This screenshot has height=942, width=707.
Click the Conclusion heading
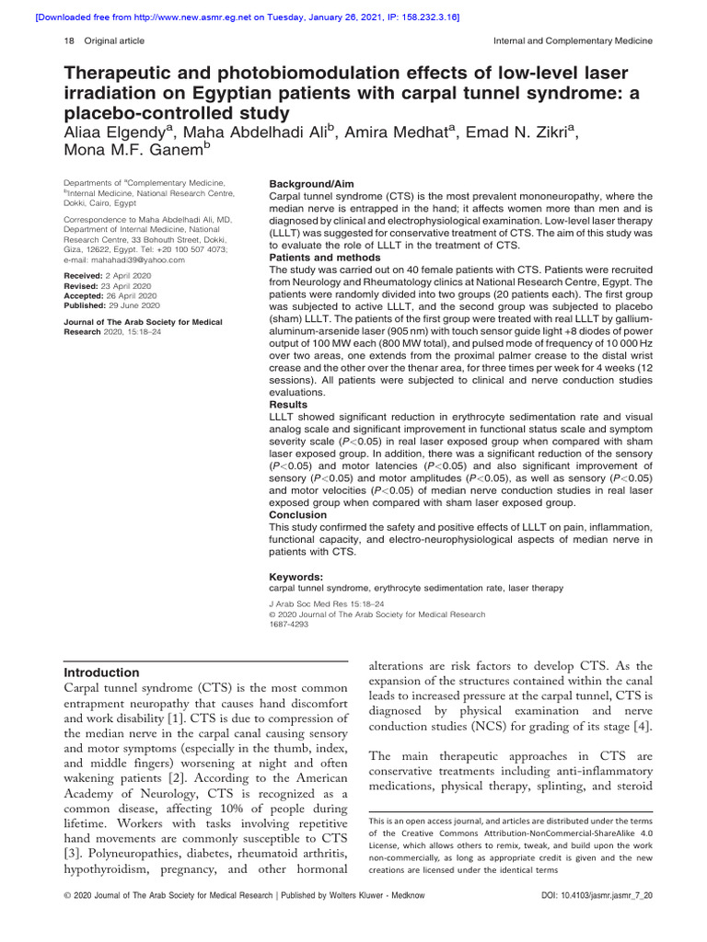pyautogui.click(x=298, y=515)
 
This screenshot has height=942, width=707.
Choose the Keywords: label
pyautogui.click(x=296, y=577)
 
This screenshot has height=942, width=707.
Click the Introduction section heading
pyautogui.click(x=102, y=672)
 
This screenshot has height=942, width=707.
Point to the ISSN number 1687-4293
pyautogui.click(x=289, y=624)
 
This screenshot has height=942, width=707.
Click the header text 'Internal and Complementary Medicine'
pyautogui.click(x=573, y=40)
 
